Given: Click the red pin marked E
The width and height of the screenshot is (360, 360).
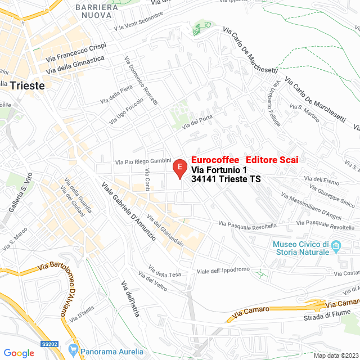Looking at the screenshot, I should [179, 168].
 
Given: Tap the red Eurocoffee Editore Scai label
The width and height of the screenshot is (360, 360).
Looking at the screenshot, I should [245, 160].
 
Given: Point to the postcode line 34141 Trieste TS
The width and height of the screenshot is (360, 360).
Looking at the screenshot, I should [226, 179].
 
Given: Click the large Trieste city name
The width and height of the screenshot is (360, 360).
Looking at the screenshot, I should [28, 85].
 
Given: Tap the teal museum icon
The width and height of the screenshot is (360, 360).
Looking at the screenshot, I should [336, 246].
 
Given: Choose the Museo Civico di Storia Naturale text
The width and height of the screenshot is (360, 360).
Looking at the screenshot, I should [300, 248].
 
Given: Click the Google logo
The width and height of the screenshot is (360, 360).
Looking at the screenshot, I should [19, 353].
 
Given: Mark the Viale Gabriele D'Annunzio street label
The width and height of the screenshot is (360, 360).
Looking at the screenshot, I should [129, 211].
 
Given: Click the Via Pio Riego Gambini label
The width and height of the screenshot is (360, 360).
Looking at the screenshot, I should [143, 162].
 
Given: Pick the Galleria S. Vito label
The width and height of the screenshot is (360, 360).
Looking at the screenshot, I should [19, 200].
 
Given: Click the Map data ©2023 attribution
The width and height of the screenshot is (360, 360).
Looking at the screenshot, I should [335, 355].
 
